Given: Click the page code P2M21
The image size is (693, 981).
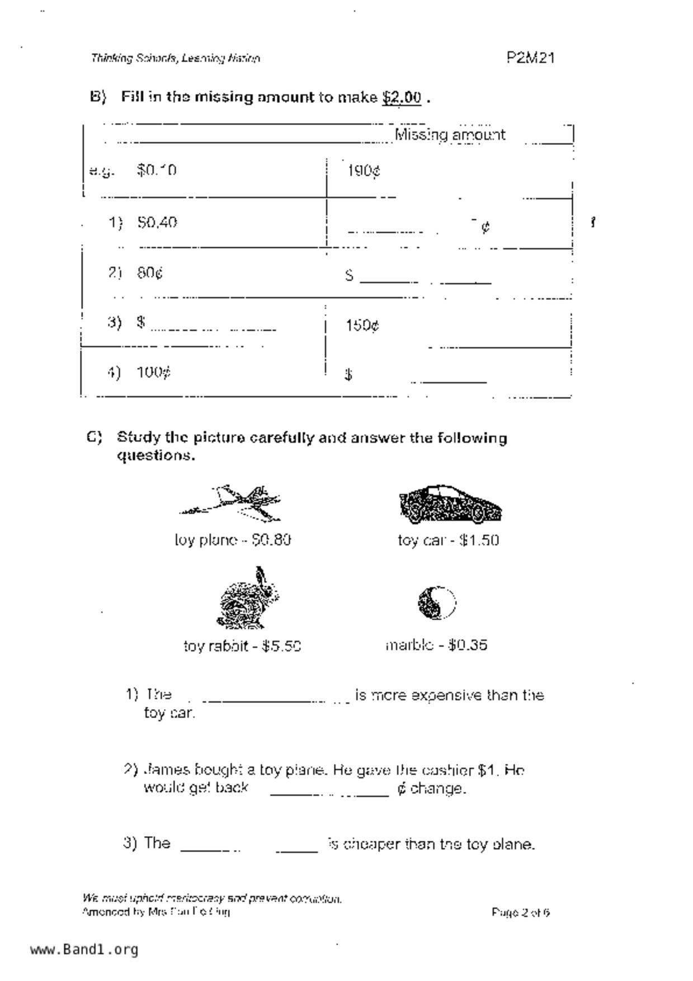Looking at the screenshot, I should [x=530, y=58].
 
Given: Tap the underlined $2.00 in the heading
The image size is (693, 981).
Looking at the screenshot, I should [x=402, y=97].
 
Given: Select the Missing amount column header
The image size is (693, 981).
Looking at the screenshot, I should [x=450, y=135].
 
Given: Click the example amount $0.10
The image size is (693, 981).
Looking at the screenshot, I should [x=156, y=170].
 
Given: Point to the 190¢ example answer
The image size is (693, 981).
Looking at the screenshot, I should [x=364, y=171].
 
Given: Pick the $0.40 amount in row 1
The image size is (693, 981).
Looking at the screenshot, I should [x=157, y=223].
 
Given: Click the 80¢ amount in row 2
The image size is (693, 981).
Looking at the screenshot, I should [x=150, y=273].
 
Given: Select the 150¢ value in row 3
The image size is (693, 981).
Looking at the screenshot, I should [x=362, y=326].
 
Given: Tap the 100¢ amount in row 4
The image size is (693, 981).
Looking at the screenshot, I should [x=153, y=372].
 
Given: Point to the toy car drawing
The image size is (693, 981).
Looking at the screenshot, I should [x=450, y=504].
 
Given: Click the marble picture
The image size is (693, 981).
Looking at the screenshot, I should [x=437, y=602].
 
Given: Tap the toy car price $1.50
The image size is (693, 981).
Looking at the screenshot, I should [x=479, y=540].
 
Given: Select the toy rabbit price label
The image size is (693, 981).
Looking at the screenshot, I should [x=242, y=646].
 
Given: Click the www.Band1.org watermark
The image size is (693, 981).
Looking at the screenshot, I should [x=84, y=949].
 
